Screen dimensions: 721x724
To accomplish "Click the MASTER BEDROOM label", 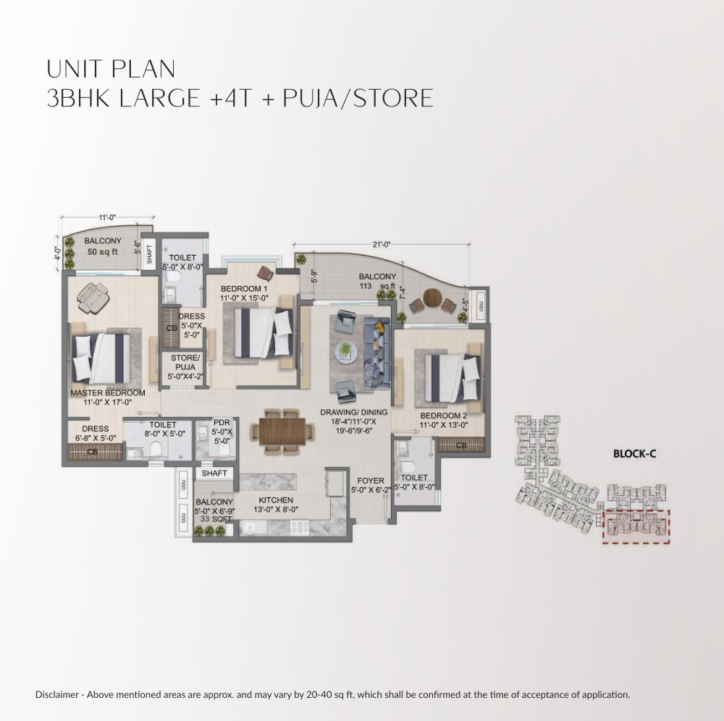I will point(107,393).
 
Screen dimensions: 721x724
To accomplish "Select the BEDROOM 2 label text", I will point(444,416).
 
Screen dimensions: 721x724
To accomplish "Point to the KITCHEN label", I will point(276,500).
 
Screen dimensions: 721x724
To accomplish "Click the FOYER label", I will point(371,480).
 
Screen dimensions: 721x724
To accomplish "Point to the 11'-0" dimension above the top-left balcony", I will point(107,216).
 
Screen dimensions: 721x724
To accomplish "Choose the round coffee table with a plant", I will point(346,350).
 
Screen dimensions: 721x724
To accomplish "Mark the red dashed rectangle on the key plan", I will point(637,526).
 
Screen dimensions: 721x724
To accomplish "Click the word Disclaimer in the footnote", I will point(59,695).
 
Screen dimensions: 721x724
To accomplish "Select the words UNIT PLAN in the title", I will point(111,69).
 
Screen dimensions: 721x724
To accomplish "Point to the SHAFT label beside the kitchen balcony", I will point(214,473).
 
